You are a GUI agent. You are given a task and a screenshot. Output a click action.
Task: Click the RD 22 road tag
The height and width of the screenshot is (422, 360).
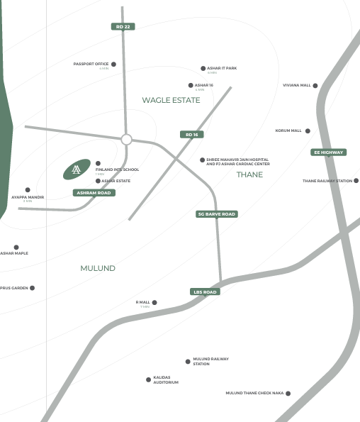123,26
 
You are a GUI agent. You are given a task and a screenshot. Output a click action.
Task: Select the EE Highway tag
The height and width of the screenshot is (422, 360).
328,152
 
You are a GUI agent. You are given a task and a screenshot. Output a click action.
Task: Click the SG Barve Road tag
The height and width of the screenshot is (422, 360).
217,214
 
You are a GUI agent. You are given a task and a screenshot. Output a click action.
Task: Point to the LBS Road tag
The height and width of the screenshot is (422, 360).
205,291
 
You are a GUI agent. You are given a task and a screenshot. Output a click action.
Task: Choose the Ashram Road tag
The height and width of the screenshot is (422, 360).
94,193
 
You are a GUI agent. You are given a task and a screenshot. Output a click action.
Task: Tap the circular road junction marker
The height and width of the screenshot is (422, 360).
127,140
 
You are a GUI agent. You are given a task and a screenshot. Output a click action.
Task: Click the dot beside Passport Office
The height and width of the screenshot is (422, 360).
113,64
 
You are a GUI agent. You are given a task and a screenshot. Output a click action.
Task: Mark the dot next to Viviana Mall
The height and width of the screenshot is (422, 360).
315,86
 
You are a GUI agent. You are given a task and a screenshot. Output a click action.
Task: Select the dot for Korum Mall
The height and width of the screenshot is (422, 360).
308,131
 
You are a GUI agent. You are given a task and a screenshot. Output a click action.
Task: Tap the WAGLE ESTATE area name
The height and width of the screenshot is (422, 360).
171,100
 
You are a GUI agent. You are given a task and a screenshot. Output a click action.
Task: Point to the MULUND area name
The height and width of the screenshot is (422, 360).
98,269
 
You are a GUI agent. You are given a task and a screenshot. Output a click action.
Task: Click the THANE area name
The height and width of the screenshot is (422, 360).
249,174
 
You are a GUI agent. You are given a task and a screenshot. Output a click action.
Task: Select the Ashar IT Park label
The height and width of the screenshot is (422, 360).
222,68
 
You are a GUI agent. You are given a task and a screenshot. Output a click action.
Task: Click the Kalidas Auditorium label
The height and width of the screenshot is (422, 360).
166,380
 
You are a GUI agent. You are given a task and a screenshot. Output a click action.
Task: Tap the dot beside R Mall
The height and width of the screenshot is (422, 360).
154,303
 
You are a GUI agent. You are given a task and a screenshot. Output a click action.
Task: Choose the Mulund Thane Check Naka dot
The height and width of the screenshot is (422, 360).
288,394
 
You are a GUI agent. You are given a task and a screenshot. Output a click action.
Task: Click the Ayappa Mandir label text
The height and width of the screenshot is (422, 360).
28,196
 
